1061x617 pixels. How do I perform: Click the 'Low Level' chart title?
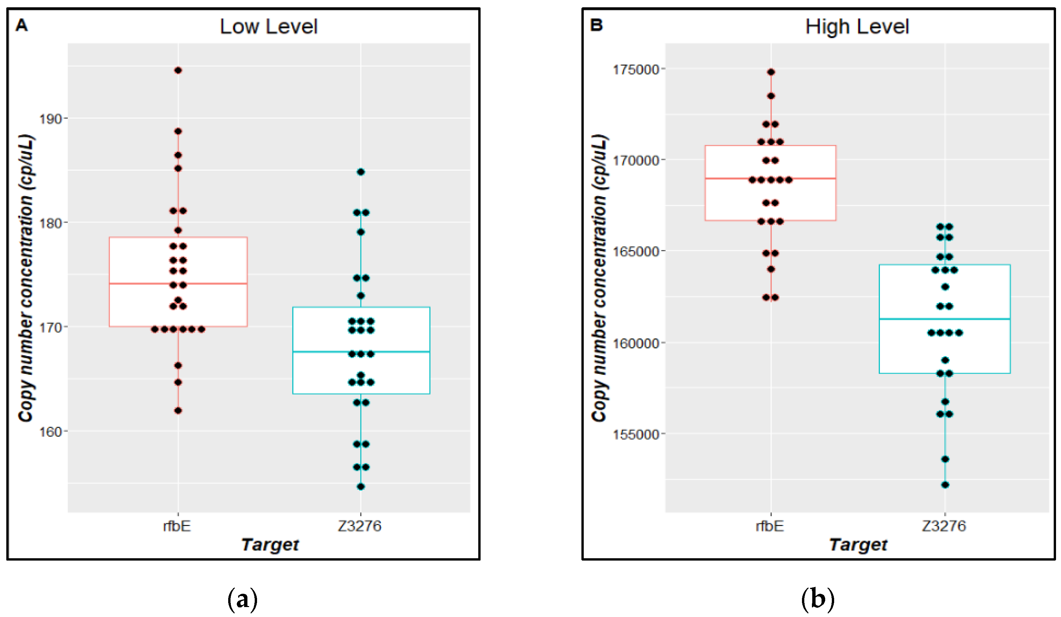pos(268,27)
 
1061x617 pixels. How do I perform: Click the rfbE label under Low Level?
pos(177,526)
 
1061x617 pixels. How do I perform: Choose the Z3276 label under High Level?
pos(944,526)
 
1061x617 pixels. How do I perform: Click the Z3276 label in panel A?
pos(360,526)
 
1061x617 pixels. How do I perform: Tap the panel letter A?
pos(22,26)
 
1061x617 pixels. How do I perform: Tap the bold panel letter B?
pos(597,25)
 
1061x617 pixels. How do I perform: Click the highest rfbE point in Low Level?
pos(178,70)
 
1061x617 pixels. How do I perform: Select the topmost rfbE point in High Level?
pos(771,72)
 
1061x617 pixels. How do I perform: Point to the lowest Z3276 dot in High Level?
pos(945,485)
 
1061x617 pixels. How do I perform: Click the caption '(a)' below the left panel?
pos(242,599)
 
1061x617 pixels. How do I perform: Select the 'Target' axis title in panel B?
pos(858,545)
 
